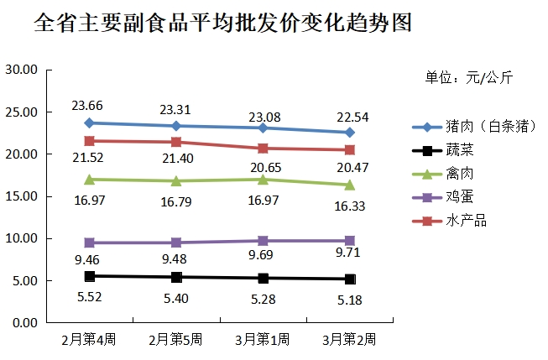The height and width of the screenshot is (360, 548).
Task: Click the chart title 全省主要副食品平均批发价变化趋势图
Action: [224, 23]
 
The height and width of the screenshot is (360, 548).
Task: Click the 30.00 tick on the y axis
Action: [22, 70]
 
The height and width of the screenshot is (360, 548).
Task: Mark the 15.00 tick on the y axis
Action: [22, 196]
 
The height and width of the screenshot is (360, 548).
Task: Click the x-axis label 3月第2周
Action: [349, 339]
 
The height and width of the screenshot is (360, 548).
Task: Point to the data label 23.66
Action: [88, 106]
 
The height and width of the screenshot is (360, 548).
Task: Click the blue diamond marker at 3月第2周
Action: [350, 133]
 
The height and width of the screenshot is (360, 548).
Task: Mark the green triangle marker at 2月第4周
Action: [89, 179]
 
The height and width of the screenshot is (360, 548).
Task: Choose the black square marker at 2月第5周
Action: [175, 277]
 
